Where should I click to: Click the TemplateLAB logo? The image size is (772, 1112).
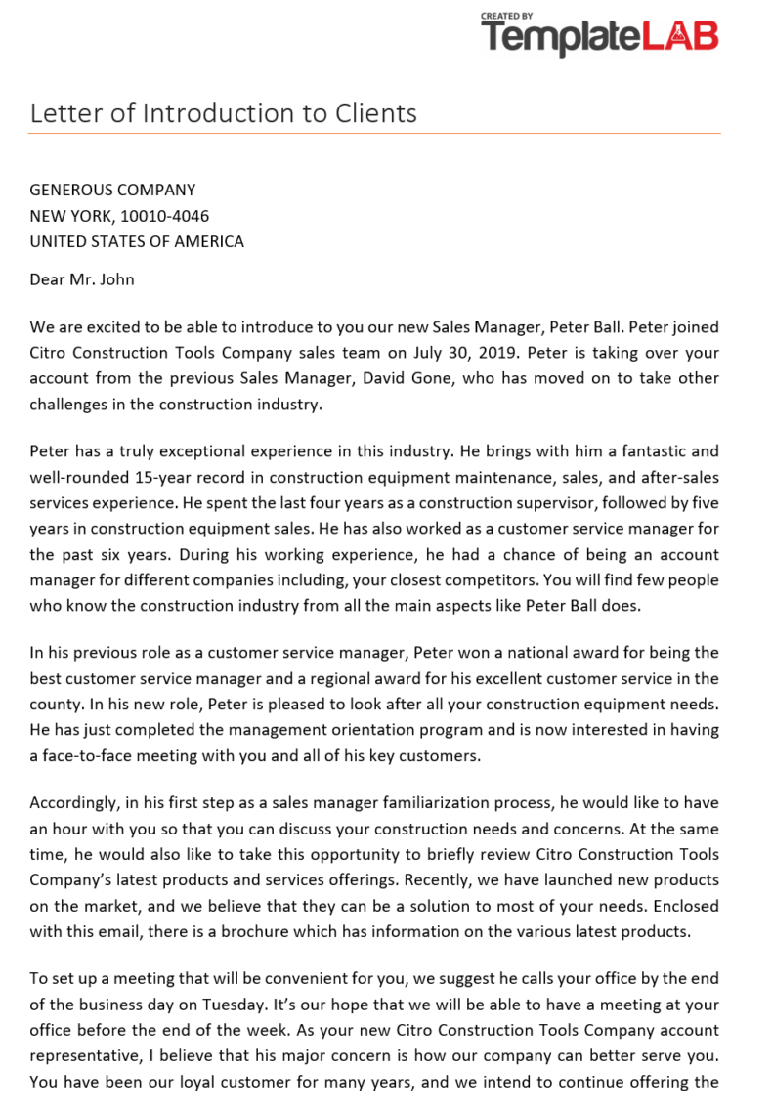pos(600,37)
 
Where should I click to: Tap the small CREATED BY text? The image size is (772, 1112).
pos(506,16)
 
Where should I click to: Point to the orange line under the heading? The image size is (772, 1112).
pos(375,133)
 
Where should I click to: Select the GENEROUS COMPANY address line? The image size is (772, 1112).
pos(112,190)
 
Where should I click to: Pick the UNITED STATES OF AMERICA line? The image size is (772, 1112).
pos(137,241)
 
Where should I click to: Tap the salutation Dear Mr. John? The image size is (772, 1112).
pos(82,279)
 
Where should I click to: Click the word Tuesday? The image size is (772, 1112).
pos(257,1005)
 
